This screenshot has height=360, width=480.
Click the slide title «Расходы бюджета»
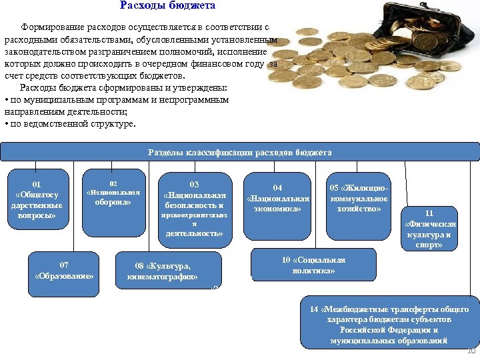click(x=167, y=6)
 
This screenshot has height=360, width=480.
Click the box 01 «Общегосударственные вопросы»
click(x=37, y=199)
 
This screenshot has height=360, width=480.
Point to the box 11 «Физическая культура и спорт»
click(x=429, y=229)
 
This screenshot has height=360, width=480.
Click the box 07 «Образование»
click(x=64, y=272)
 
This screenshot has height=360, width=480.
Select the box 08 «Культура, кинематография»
click(x=167, y=270)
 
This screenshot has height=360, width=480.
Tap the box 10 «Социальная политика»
click(x=313, y=265)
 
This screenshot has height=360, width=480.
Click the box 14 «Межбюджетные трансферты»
click(x=389, y=325)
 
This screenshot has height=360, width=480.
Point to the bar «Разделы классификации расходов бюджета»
click(x=239, y=153)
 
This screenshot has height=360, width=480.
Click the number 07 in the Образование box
click(x=64, y=265)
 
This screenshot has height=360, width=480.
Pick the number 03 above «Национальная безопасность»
click(x=194, y=184)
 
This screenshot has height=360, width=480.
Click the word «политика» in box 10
click(x=313, y=271)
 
